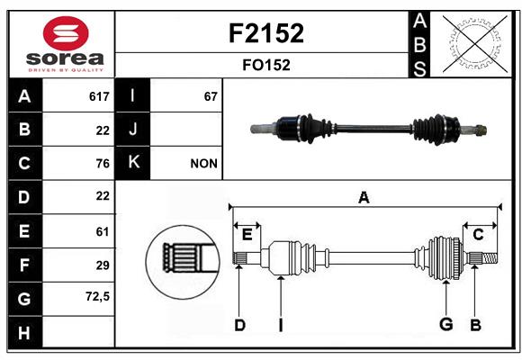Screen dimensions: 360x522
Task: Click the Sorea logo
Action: pyautogui.click(x=61, y=45)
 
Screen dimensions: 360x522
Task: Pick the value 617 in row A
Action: pyautogui.click(x=99, y=96)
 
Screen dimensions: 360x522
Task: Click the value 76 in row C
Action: pyautogui.click(x=102, y=164)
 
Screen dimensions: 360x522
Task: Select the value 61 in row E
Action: pyautogui.click(x=102, y=231)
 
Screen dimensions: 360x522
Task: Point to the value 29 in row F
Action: pyautogui.click(x=102, y=265)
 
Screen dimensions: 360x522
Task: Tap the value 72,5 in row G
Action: pyautogui.click(x=97, y=296)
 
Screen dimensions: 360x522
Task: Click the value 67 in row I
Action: pyautogui.click(x=211, y=96)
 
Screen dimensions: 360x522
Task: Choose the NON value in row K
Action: pyautogui.click(x=203, y=164)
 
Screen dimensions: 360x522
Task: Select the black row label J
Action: pyautogui.click(x=133, y=130)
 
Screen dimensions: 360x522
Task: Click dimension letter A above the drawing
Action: pyautogui.click(x=364, y=198)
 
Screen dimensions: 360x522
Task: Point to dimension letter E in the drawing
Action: pyautogui.click(x=247, y=235)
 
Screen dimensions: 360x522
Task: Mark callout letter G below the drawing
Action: pyautogui.click(x=445, y=324)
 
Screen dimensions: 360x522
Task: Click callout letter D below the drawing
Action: pyautogui.click(x=239, y=324)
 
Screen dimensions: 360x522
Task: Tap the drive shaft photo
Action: pyautogui.click(x=369, y=129)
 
